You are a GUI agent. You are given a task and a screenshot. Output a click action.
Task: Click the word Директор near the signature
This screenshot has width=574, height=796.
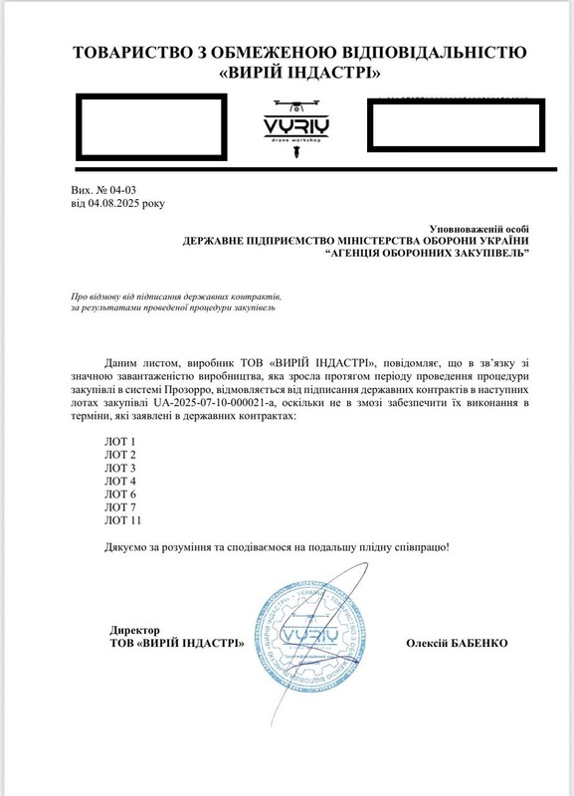click(x=136, y=630)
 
